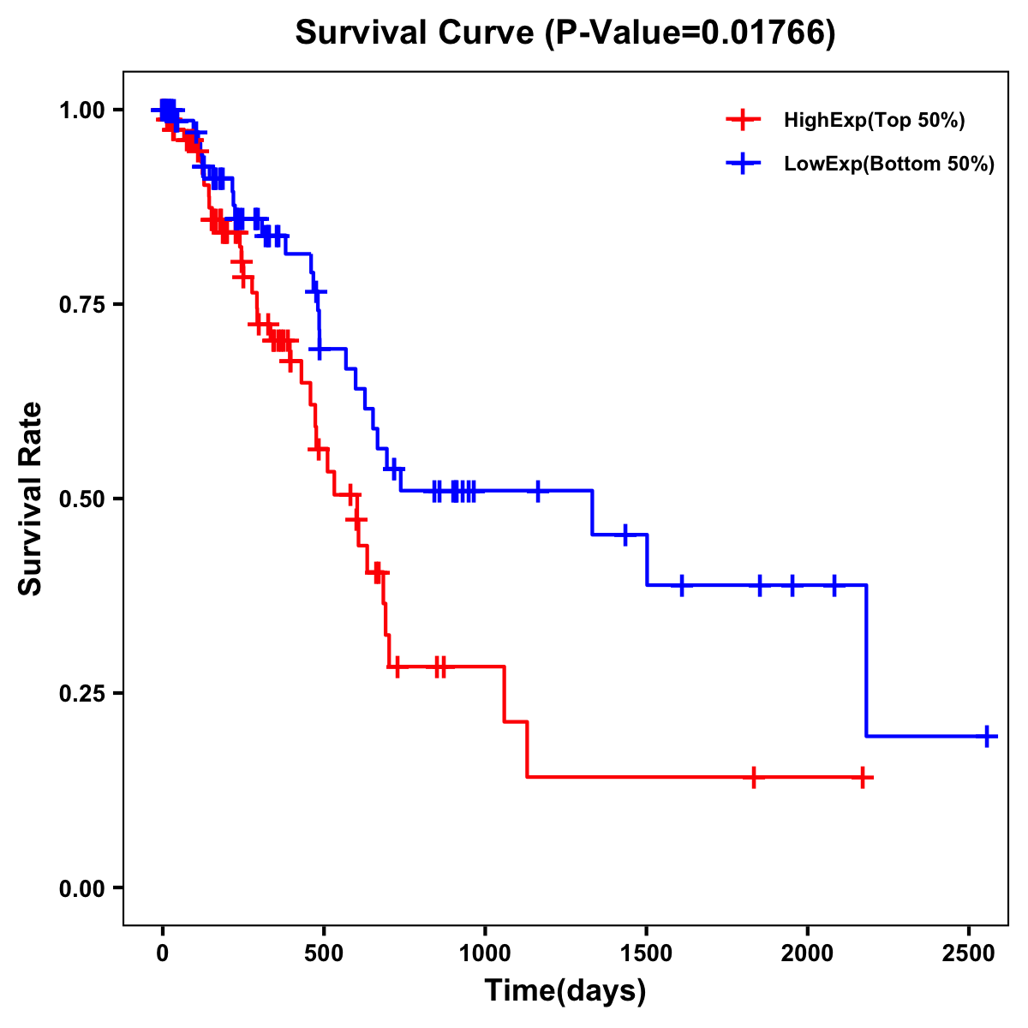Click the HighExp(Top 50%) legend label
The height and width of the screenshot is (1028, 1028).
[x=874, y=120]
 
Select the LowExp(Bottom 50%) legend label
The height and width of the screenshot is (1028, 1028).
[x=889, y=164]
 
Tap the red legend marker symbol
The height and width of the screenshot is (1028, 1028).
[x=743, y=120]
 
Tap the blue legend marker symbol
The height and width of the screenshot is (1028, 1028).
[x=743, y=164]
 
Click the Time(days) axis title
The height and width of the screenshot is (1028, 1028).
[x=565, y=991]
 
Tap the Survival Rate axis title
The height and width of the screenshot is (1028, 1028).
[x=31, y=499]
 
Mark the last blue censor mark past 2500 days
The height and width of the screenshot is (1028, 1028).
[x=987, y=736]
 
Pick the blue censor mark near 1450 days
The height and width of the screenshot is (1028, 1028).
[x=625, y=535]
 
